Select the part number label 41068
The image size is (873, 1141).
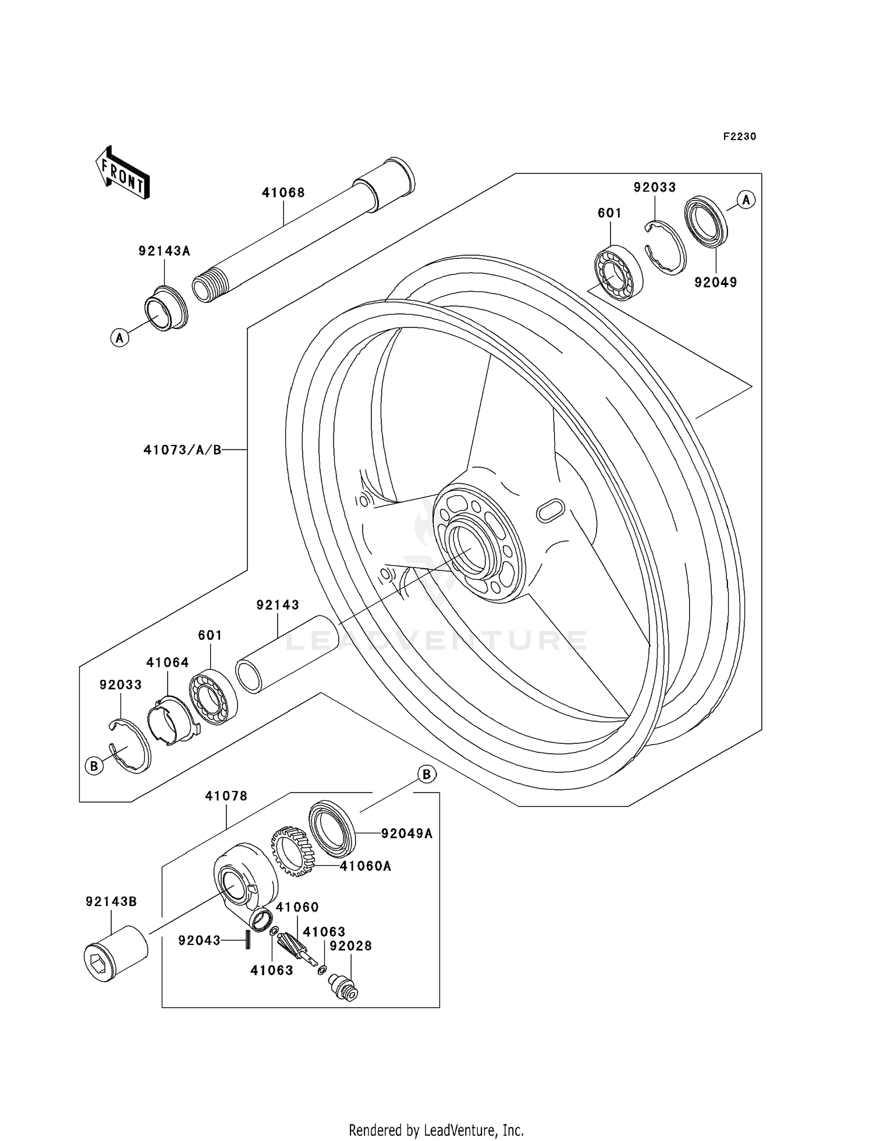click(283, 192)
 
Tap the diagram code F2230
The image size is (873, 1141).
click(739, 137)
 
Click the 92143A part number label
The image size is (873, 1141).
click(164, 251)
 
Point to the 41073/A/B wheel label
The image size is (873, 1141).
click(182, 450)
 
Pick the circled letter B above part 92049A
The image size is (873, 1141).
click(427, 775)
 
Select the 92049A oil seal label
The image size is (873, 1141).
click(407, 833)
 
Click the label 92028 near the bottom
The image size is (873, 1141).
click(350, 946)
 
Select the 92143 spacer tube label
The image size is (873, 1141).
click(278, 605)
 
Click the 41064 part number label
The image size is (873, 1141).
click(167, 662)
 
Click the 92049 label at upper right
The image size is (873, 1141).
click(715, 283)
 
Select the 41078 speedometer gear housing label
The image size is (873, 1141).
click(226, 796)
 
